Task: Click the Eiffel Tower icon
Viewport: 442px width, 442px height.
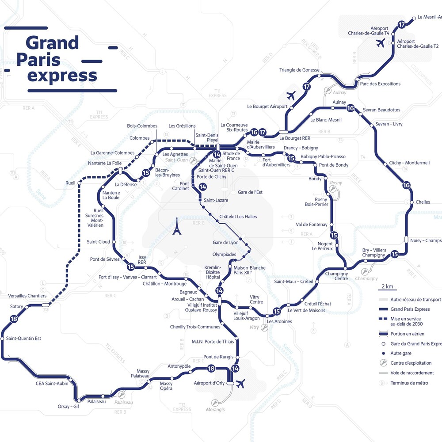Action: tap(176, 226)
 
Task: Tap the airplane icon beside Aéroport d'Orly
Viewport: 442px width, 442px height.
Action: tap(241, 383)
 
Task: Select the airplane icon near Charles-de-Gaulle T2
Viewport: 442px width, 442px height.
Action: tap(380, 43)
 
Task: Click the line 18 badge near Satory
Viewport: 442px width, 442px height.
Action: tap(14, 319)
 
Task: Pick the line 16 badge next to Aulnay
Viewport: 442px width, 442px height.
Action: tap(351, 108)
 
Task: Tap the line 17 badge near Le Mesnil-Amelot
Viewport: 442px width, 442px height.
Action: tap(401, 25)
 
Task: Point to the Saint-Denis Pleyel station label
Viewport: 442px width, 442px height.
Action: tap(207, 137)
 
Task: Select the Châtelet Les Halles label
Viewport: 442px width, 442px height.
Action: tap(238, 217)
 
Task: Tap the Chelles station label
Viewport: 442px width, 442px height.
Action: tap(423, 202)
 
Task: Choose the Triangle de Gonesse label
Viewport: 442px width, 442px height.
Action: tap(299, 70)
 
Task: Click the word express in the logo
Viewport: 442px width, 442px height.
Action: tap(62, 76)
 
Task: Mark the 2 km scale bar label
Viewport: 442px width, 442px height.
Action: tap(387, 286)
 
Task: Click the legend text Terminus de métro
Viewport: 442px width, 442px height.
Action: tap(409, 383)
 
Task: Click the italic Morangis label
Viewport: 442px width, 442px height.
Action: tap(215, 410)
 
